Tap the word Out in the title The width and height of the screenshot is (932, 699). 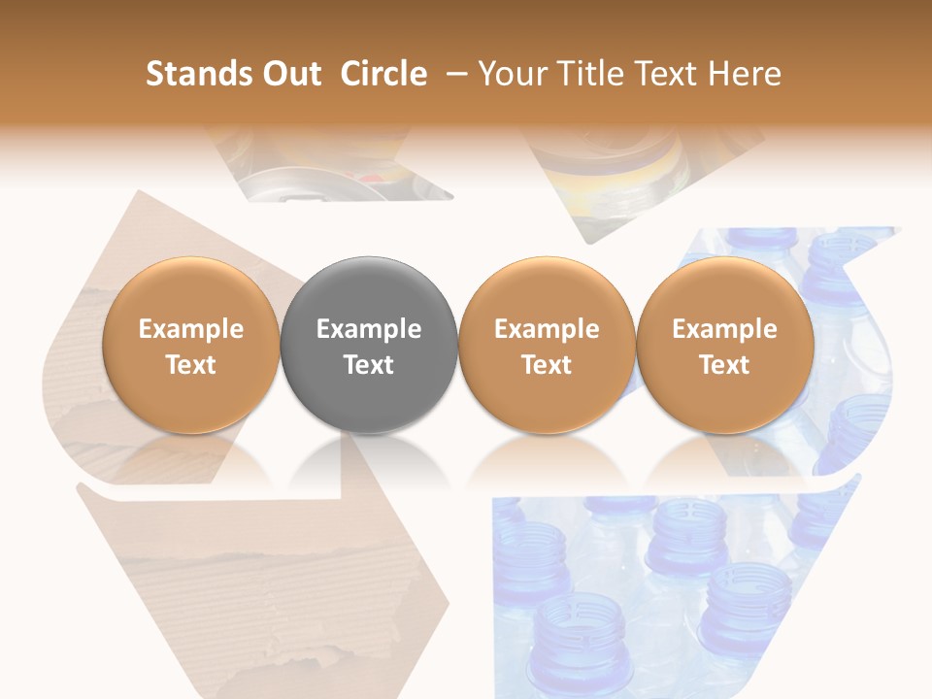[x=289, y=74]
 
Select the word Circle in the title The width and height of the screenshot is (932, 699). [x=383, y=74]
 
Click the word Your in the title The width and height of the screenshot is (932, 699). [x=511, y=74]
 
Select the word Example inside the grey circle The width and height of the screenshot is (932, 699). [x=369, y=329]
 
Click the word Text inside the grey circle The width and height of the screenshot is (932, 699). [x=369, y=365]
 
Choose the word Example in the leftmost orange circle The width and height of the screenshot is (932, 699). [x=191, y=329]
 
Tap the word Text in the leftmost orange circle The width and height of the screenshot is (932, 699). [x=191, y=365]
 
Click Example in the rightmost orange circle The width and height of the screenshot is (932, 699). [x=725, y=329]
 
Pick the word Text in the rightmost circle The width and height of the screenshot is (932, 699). [x=725, y=365]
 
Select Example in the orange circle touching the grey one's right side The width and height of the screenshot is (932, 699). [x=547, y=329]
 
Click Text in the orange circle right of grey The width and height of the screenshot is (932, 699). [x=547, y=365]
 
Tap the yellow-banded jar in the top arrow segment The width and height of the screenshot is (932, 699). [x=612, y=175]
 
